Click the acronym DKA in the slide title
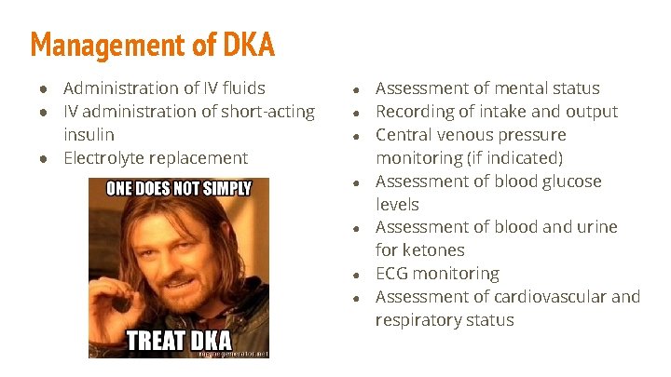coord(249,44)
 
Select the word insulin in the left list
coord(89,135)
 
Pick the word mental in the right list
coord(507,88)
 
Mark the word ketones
coord(434,250)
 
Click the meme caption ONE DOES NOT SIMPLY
coord(179,188)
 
